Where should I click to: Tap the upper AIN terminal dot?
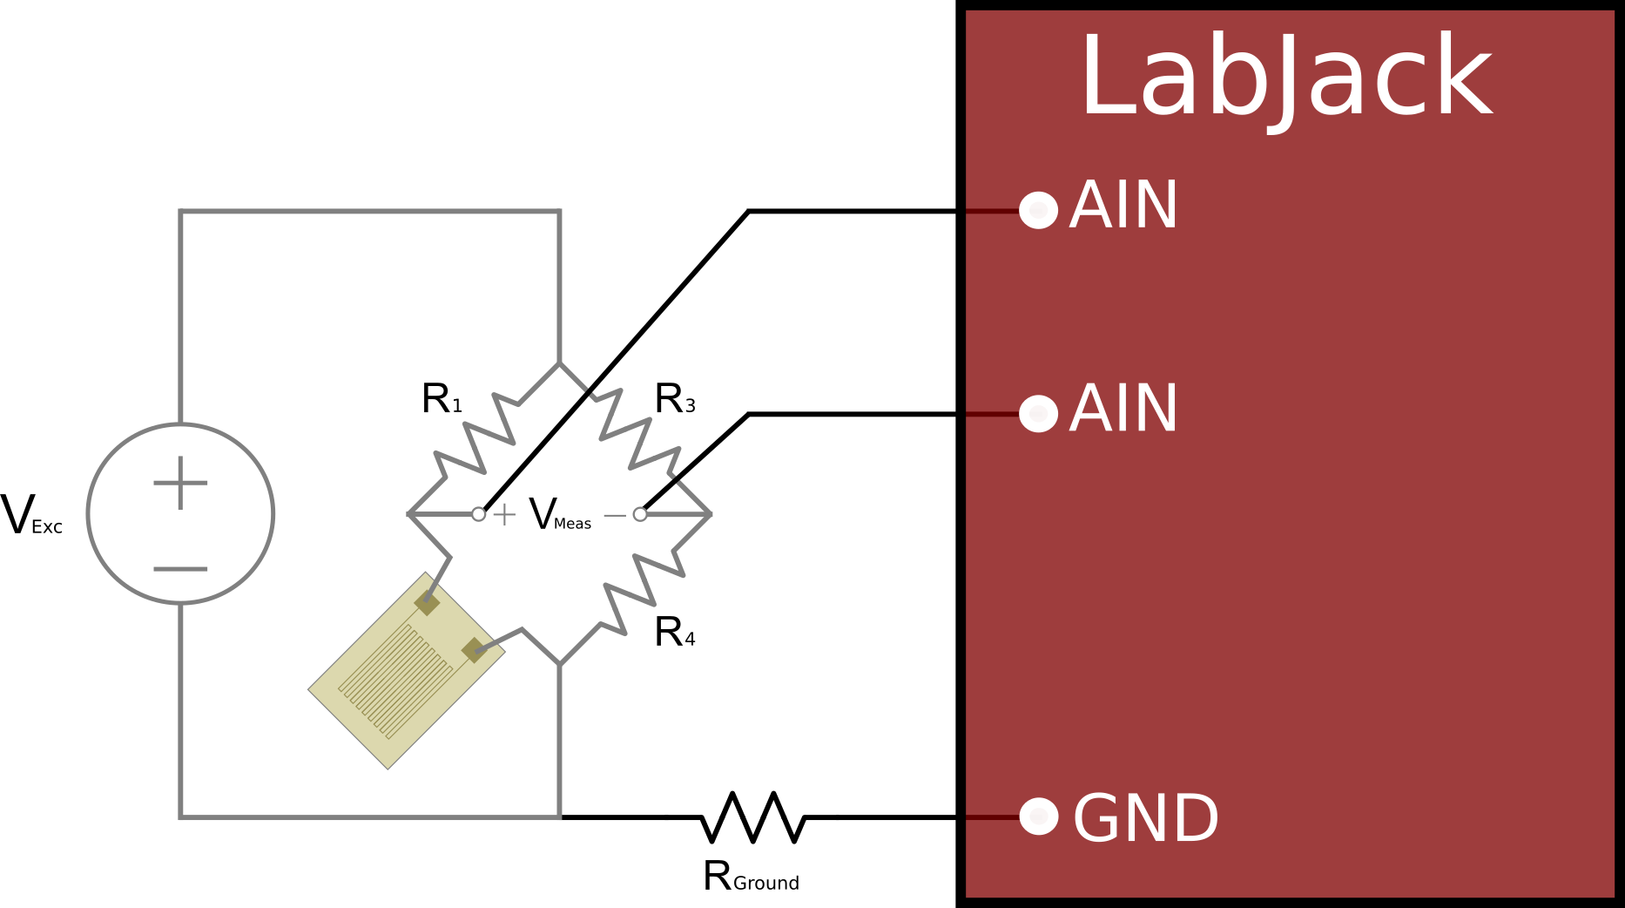tap(1038, 210)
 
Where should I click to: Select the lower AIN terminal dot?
tap(1038, 413)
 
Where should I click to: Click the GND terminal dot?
tap(1038, 817)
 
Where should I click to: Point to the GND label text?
tap(1145, 819)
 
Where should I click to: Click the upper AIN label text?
tap(1123, 206)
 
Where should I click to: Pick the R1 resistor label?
tap(442, 399)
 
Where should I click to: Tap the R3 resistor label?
tap(675, 399)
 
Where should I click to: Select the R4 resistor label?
tap(675, 633)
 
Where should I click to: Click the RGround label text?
tap(751, 877)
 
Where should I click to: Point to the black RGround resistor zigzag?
tap(752, 817)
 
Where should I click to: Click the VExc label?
tap(31, 515)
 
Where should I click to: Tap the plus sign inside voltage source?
tap(180, 483)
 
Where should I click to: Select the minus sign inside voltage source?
tap(180, 569)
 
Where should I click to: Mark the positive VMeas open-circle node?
tap(478, 514)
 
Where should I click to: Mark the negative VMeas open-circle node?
tap(640, 514)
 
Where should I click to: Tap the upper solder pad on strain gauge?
tap(427, 601)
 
